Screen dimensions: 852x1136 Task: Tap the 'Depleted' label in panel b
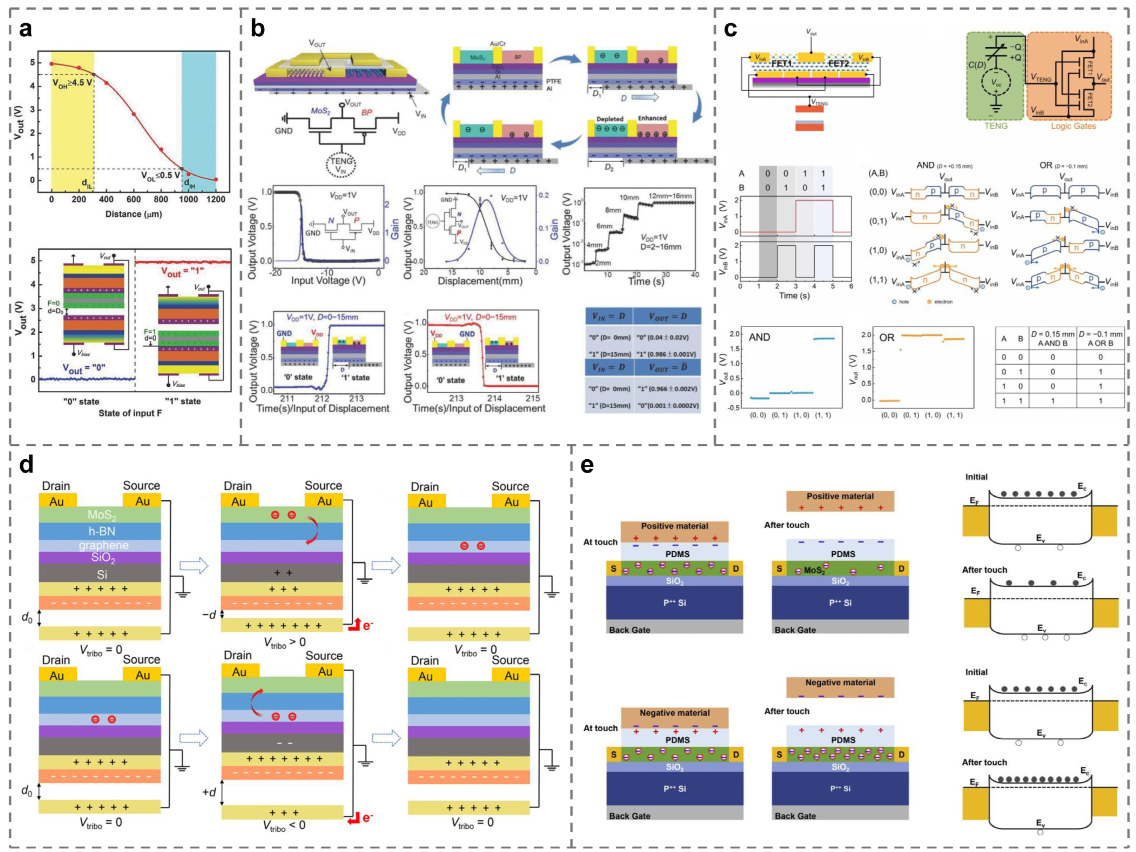point(610,118)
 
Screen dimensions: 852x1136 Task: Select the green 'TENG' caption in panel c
point(996,126)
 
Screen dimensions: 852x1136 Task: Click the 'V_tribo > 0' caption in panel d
point(284,642)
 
